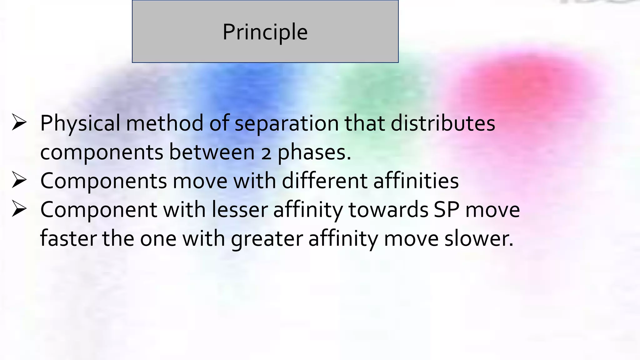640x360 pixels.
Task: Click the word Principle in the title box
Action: tap(265, 32)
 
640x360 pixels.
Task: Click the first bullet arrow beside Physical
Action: tap(19, 122)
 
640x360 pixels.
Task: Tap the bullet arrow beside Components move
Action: tap(19, 180)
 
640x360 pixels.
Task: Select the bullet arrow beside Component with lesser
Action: tap(19, 209)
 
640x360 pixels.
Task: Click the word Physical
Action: tap(80, 123)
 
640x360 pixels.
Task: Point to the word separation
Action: tap(287, 123)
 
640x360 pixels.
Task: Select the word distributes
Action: tap(443, 123)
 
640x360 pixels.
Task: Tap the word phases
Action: tap(314, 152)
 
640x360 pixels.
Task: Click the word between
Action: tap(212, 152)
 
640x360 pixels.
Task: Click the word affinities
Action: tap(416, 181)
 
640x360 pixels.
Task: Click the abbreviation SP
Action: tap(446, 210)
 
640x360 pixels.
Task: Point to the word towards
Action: tap(388, 210)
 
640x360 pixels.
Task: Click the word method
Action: tap(165, 123)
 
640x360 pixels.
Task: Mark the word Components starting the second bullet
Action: tap(104, 181)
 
